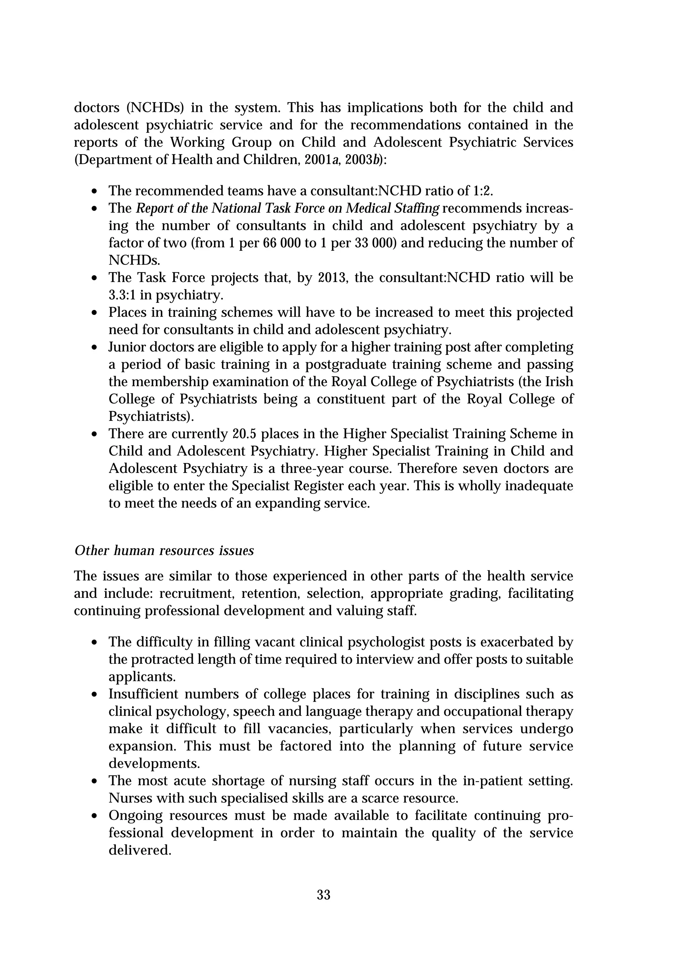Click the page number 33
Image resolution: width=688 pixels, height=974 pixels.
pos(324,895)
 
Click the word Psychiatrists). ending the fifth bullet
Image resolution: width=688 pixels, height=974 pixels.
pos(151,416)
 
